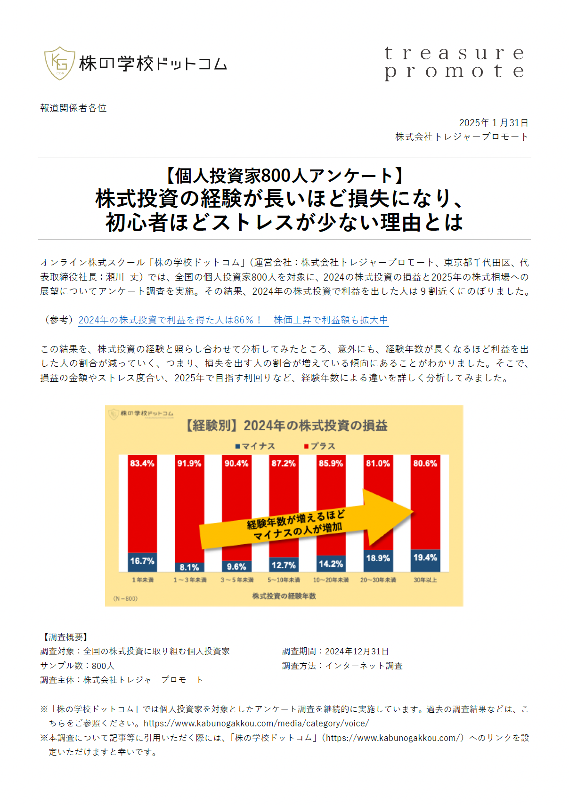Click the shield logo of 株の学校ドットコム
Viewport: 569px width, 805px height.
(59, 63)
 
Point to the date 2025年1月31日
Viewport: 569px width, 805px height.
(493, 123)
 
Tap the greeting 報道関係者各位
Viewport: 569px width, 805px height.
(73, 108)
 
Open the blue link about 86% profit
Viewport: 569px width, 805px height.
(233, 320)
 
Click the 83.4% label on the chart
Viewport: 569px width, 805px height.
(142, 464)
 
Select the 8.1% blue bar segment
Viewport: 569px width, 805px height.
(189, 567)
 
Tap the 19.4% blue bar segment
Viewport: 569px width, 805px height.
(425, 558)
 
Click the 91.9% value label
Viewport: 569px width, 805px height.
(189, 464)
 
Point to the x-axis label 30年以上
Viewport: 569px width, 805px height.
(425, 580)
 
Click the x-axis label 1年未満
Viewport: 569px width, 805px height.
(142, 580)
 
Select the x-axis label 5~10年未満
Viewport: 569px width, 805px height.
(284, 580)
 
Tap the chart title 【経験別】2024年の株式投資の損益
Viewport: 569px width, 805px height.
(284, 426)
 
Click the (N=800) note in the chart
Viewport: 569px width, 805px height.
(125, 599)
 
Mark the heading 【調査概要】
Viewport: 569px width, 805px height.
(64, 637)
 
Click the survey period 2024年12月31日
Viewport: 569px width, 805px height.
(357, 652)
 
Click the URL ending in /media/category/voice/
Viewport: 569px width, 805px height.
(256, 724)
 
